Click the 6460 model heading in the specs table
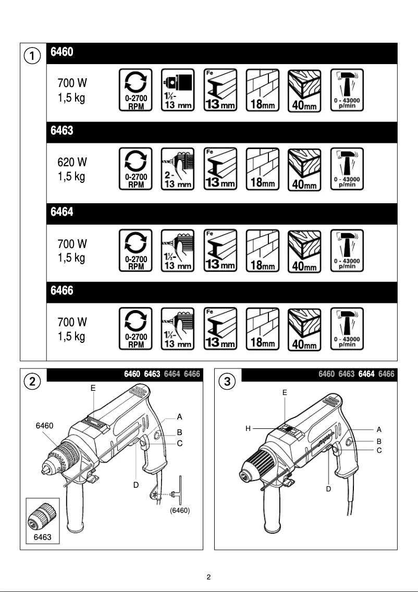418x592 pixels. tap(62, 53)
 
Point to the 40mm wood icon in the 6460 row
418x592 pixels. tap(304, 90)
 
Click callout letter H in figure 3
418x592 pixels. tap(249, 428)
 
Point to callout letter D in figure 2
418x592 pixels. tap(136, 485)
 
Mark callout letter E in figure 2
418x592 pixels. tap(93, 388)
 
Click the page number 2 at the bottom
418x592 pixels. tap(208, 577)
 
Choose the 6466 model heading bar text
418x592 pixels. tap(62, 291)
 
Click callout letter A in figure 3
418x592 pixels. tap(379, 429)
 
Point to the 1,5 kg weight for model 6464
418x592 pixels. tap(71, 258)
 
